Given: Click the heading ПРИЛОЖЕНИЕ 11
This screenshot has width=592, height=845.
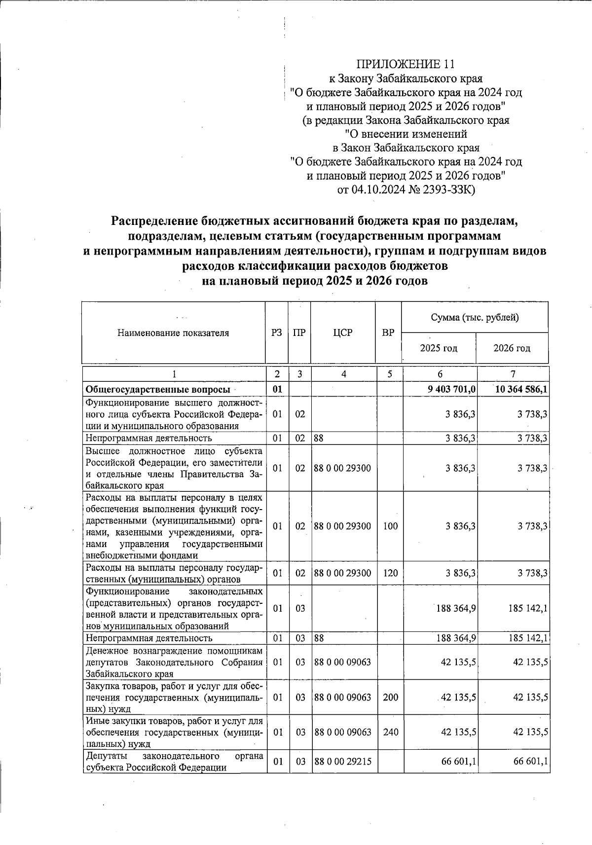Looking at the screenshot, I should click(x=406, y=64).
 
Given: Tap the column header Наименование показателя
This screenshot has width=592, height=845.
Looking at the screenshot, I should click(x=173, y=332).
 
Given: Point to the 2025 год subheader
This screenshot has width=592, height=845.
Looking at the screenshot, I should click(x=439, y=348).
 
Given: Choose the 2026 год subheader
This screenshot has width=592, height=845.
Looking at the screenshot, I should click(x=512, y=348).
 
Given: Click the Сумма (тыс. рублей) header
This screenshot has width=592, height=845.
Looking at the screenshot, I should click(x=475, y=317).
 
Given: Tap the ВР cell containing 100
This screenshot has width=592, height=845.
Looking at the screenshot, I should click(x=390, y=526).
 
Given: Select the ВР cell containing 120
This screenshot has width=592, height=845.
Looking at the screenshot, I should click(x=390, y=573).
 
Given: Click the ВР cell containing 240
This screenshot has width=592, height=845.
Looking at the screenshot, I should click(x=390, y=732).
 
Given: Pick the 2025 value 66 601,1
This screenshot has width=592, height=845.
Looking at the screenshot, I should click(x=458, y=761).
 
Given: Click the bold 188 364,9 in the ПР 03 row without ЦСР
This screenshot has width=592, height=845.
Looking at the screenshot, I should click(x=455, y=608).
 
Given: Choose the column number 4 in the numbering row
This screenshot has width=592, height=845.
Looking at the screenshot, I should click(x=343, y=374).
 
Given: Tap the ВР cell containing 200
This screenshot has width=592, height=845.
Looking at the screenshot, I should click(x=390, y=697).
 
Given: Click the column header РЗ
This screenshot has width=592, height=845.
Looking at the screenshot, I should click(x=277, y=332).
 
